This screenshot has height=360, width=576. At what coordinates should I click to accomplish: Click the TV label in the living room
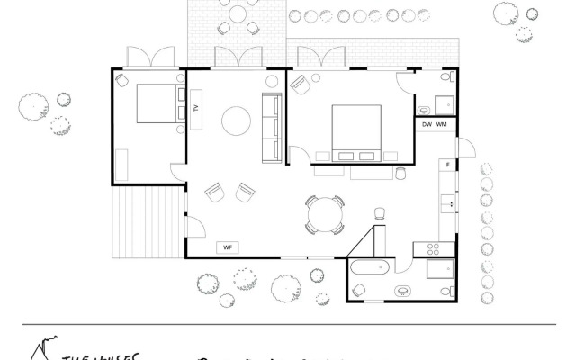[195, 109]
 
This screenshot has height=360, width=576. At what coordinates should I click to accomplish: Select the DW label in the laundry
[427, 124]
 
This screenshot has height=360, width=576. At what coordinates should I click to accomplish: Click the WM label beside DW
[442, 124]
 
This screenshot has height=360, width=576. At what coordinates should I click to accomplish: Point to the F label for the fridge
[446, 166]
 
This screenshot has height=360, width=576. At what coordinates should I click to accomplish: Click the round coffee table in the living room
[238, 120]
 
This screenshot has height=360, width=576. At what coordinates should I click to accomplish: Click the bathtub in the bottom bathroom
[370, 266]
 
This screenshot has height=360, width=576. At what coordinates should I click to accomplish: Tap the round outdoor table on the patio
[237, 14]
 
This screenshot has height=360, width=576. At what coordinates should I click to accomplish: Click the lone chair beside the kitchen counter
[379, 213]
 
